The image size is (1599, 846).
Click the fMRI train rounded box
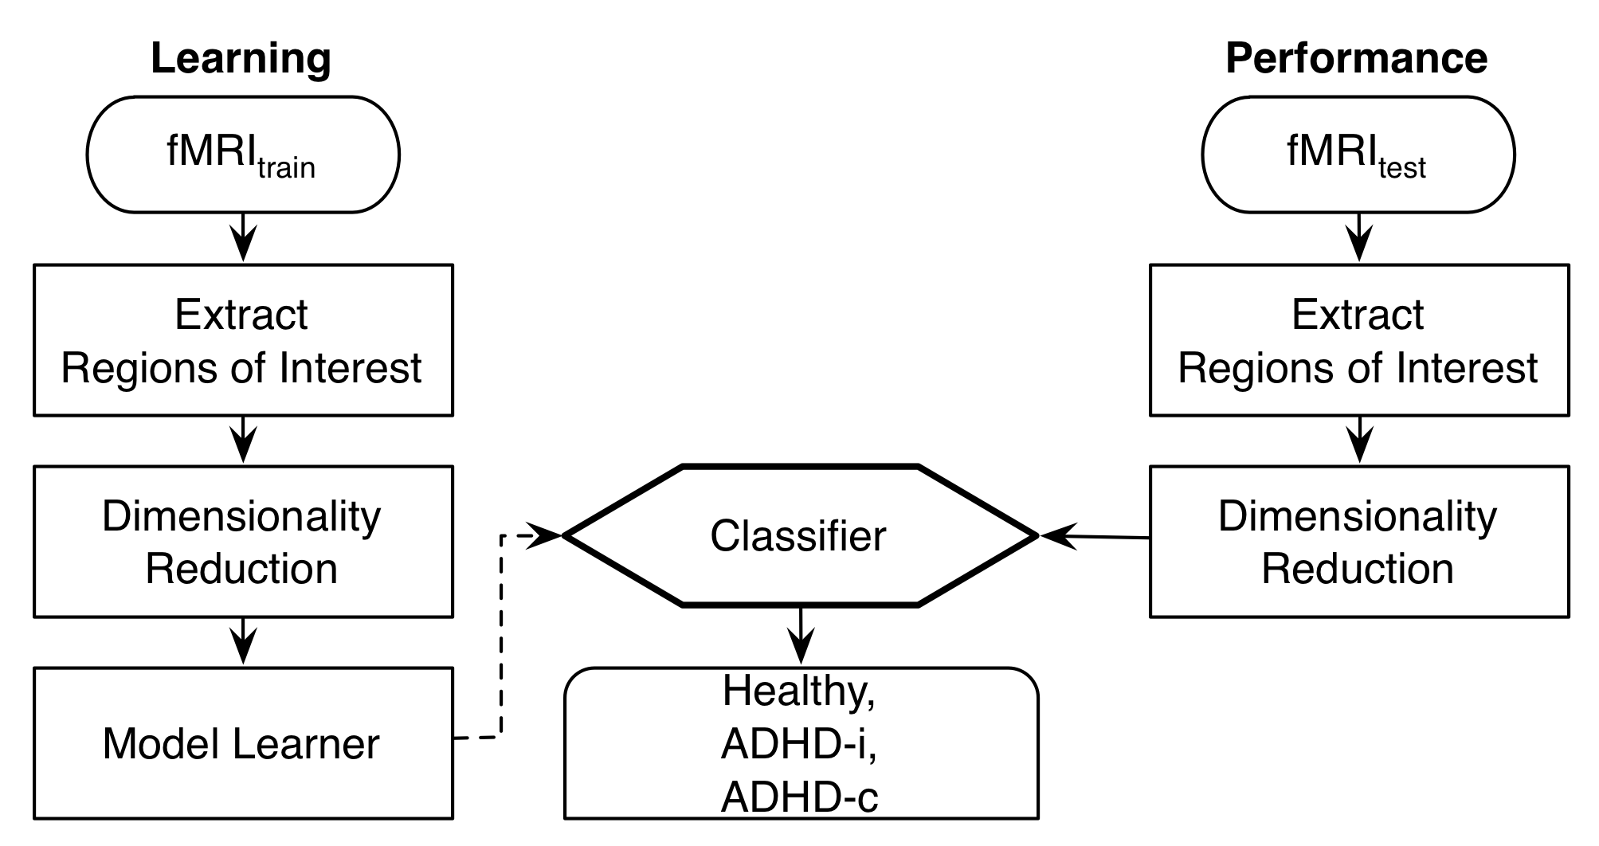point(242,155)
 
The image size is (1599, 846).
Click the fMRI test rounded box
point(1358,155)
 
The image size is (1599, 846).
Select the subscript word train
point(286,168)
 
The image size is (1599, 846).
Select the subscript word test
point(1402,168)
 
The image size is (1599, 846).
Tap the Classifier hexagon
point(799,536)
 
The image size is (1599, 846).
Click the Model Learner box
point(242,742)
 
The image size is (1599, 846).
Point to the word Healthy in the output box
point(798,691)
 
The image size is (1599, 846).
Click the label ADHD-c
point(799,797)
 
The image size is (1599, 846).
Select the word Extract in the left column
point(241,315)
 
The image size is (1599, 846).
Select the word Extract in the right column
point(1358,315)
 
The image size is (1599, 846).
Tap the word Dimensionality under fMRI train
point(241,516)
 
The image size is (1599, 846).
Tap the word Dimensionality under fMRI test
point(1358,516)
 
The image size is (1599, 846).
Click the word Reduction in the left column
point(241,569)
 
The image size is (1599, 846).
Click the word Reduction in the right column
point(1358,569)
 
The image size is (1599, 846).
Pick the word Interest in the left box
point(350,368)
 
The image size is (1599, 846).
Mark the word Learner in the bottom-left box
point(306,744)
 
